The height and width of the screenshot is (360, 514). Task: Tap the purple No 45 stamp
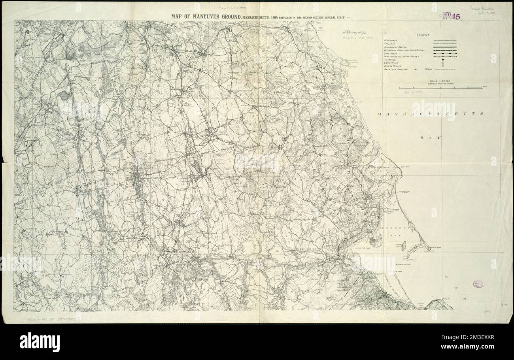[x=451, y=16]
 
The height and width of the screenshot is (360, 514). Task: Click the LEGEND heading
[x=423, y=36]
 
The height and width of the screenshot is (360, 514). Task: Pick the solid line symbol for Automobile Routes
[x=445, y=47]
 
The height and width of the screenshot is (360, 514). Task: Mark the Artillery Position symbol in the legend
[x=416, y=69]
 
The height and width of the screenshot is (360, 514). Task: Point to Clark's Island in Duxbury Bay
[x=404, y=245]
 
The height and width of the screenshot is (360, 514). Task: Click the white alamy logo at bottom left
[x=40, y=342]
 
